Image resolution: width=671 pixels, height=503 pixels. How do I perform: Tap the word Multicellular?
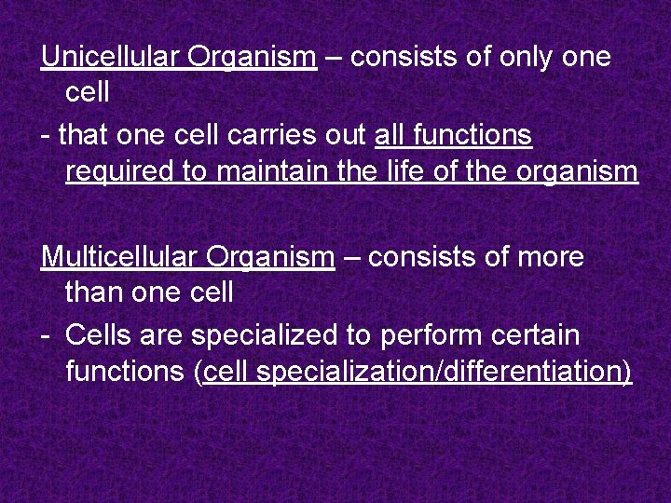pos(118,256)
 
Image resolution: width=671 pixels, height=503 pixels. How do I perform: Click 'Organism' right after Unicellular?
pos(252,58)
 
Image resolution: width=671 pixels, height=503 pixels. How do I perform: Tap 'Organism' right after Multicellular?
pos(270,257)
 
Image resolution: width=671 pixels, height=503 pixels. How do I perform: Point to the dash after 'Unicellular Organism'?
pos(334,58)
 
